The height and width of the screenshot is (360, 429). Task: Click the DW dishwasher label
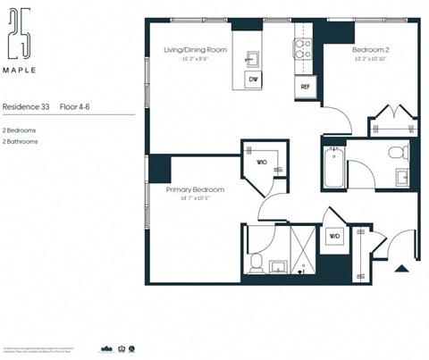point(253,80)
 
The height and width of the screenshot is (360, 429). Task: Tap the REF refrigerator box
point(305,87)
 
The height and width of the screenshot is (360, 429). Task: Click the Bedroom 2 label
point(370,51)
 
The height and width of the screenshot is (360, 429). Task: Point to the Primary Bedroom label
point(194,190)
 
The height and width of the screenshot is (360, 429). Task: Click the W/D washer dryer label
point(335,236)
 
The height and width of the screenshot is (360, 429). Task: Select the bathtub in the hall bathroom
point(333,167)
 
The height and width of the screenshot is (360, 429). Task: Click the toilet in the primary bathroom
point(256,262)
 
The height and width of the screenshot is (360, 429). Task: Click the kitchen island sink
point(253,60)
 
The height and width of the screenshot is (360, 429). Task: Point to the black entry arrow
point(401,266)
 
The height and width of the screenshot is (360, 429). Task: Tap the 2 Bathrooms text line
point(20,141)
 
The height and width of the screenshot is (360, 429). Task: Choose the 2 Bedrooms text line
point(19,130)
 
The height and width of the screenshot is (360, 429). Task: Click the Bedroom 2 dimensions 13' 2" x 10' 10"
point(370,60)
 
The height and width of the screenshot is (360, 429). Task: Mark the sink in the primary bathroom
point(277,265)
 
